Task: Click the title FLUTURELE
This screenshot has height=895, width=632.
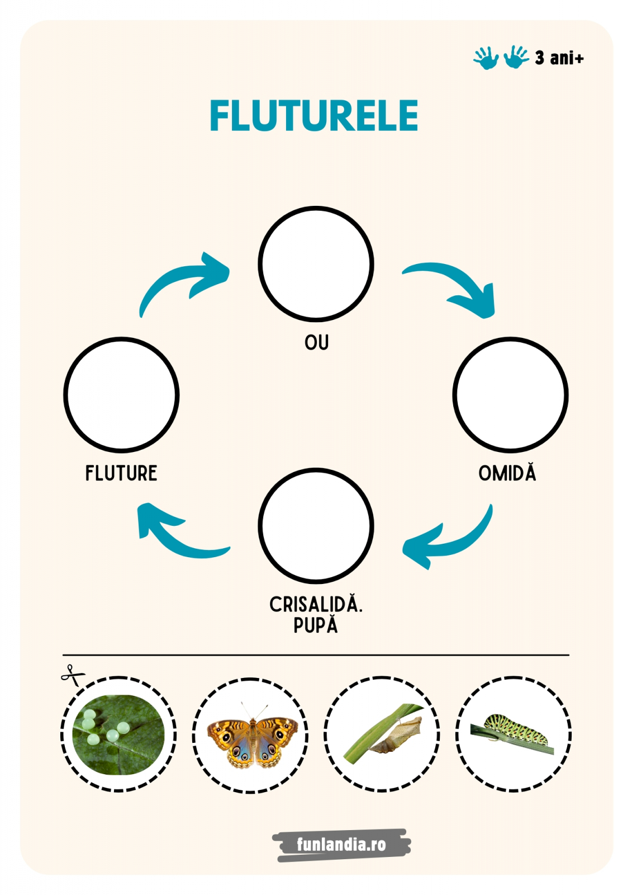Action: (313, 116)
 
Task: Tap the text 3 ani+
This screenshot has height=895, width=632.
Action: (559, 58)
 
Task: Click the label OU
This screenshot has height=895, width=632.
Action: (316, 342)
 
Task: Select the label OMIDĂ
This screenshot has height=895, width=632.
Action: (507, 473)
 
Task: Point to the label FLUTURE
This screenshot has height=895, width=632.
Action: (121, 473)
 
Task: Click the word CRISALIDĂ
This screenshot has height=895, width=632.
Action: (316, 605)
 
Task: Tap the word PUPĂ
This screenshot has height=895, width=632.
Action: (316, 625)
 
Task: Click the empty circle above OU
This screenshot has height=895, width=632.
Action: (316, 263)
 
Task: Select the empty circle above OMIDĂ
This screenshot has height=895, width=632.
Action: (510, 394)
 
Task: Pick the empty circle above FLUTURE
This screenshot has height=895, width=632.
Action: (121, 394)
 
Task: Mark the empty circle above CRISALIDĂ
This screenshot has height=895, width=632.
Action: (316, 526)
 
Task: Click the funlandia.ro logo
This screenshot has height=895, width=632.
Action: (341, 844)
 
